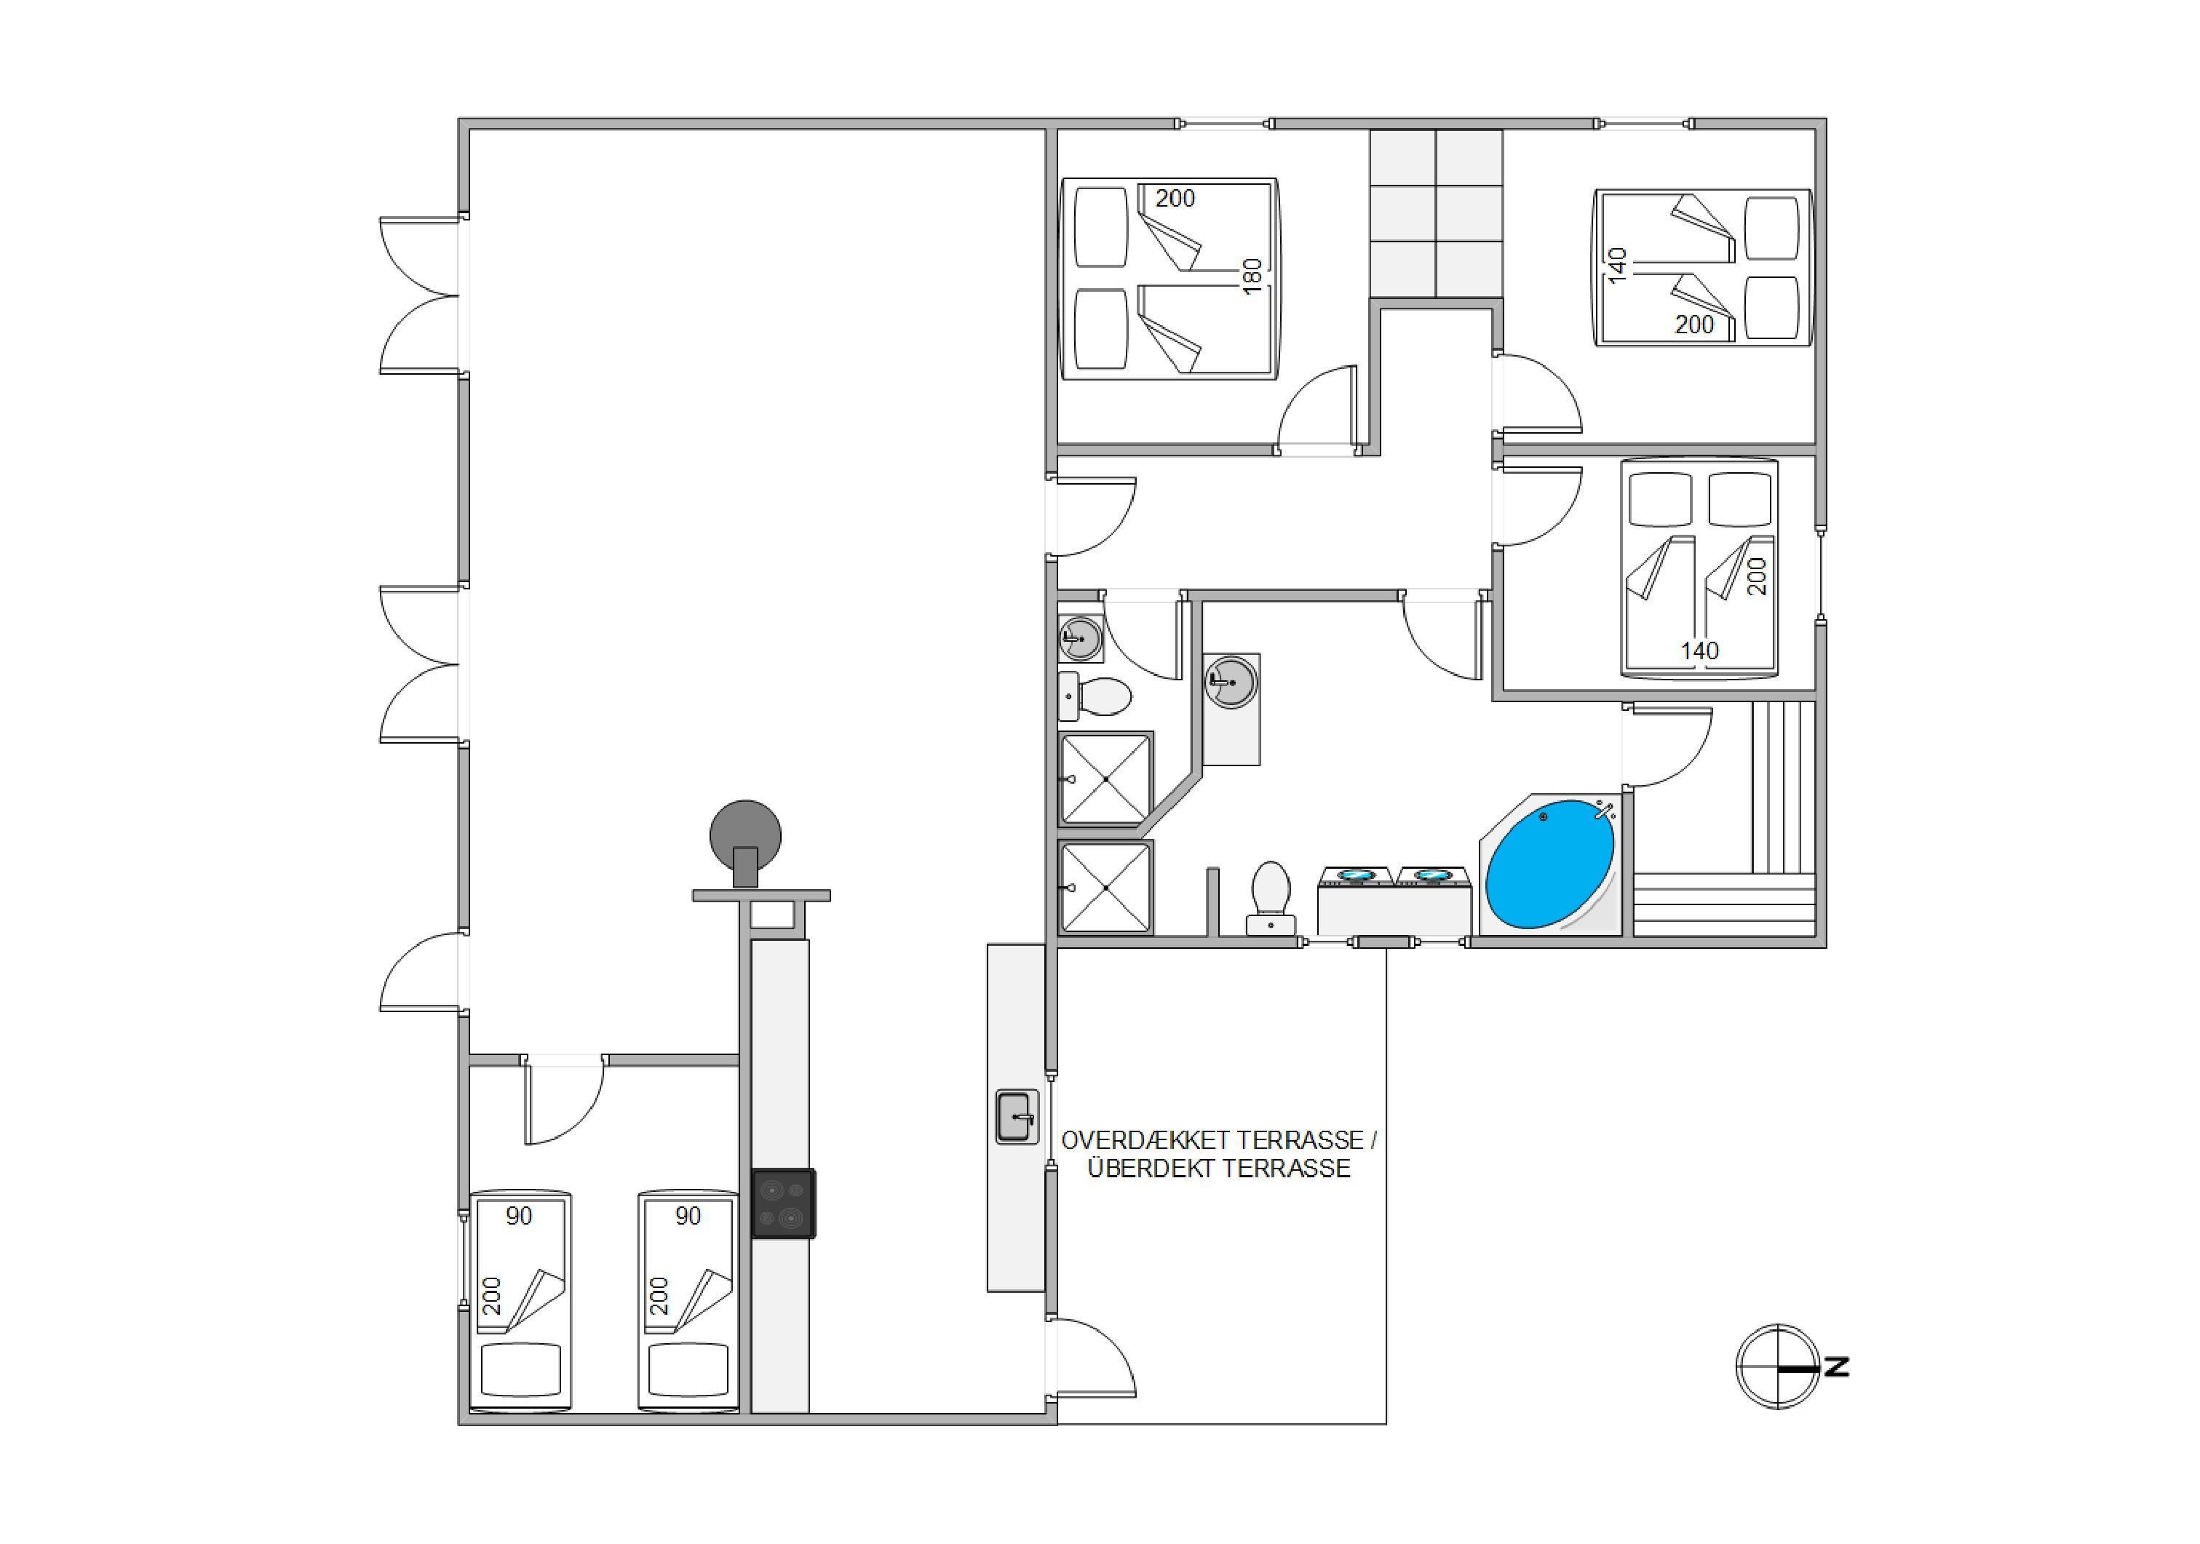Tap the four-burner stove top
pyautogui.click(x=784, y=1204)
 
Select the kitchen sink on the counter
pyautogui.click(x=1017, y=1117)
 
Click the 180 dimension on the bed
pyautogui.click(x=1252, y=276)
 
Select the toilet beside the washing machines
pyautogui.click(x=1271, y=896)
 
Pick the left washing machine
pyautogui.click(x=1356, y=900)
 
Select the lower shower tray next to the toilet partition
pyautogui.click(x=1105, y=887)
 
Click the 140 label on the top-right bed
pyautogui.click(x=1617, y=266)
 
